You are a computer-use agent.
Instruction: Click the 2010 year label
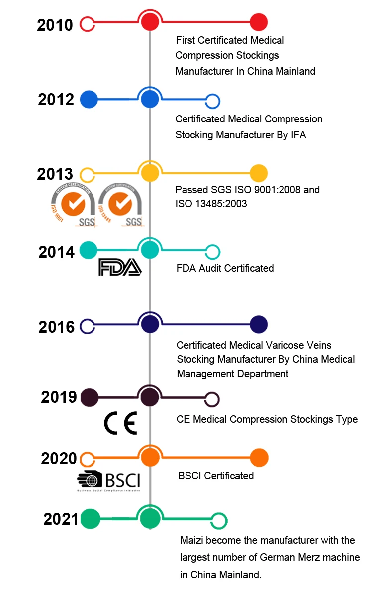(x=55, y=25)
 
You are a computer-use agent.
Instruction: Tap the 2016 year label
(x=57, y=327)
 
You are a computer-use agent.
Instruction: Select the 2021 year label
(x=61, y=519)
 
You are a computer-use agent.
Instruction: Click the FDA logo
(x=120, y=267)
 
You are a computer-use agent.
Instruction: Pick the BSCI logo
(x=109, y=481)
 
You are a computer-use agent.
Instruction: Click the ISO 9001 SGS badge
(x=72, y=205)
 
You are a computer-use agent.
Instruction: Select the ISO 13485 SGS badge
(x=120, y=205)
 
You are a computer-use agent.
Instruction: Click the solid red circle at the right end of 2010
(x=259, y=22)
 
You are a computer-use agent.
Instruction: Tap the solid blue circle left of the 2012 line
(x=89, y=100)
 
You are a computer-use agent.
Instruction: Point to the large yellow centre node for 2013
(x=150, y=173)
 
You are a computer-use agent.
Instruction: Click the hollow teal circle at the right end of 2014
(x=213, y=252)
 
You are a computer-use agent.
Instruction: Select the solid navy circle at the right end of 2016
(x=259, y=325)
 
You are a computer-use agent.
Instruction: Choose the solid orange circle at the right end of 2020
(x=259, y=458)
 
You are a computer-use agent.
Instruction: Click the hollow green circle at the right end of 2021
(x=219, y=520)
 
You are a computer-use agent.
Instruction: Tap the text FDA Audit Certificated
(x=225, y=268)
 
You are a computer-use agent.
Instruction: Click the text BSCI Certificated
(x=216, y=476)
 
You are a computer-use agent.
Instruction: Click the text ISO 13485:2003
(x=211, y=204)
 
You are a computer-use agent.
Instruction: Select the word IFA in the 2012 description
(x=298, y=135)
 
